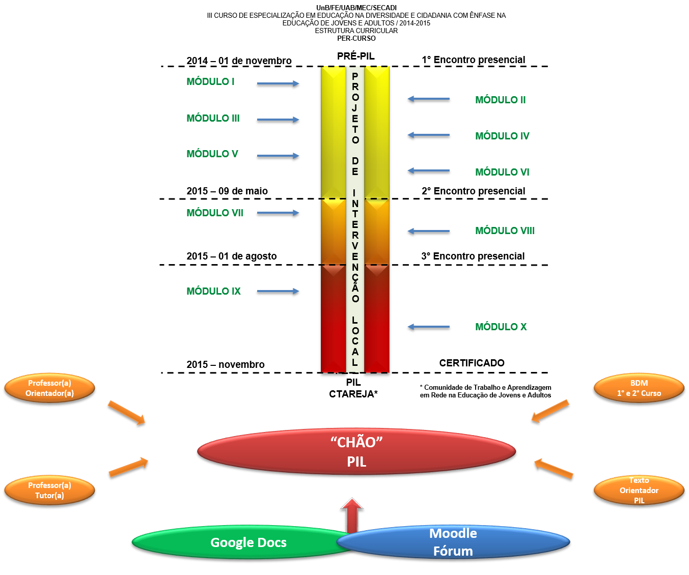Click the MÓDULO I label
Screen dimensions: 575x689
(x=210, y=81)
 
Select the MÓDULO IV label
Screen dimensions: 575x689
(x=502, y=136)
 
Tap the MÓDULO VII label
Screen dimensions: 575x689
(x=215, y=213)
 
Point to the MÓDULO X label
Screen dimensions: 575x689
(x=501, y=327)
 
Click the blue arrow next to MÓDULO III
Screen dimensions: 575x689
(x=278, y=120)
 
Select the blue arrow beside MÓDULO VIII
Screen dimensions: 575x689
(x=428, y=231)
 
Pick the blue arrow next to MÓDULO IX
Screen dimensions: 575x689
(x=278, y=291)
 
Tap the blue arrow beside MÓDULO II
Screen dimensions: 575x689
(x=428, y=99)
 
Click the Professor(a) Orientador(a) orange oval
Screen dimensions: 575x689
(x=49, y=388)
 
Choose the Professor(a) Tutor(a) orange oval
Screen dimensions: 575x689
(x=49, y=491)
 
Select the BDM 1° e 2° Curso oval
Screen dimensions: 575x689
(x=639, y=388)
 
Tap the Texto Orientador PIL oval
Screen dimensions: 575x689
(x=639, y=491)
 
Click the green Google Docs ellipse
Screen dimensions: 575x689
(x=239, y=542)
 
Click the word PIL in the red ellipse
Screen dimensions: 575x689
(x=356, y=462)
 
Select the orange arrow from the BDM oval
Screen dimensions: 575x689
(x=550, y=411)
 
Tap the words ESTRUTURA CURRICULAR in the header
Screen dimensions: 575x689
(x=356, y=31)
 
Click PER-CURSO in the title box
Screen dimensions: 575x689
(x=356, y=38)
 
